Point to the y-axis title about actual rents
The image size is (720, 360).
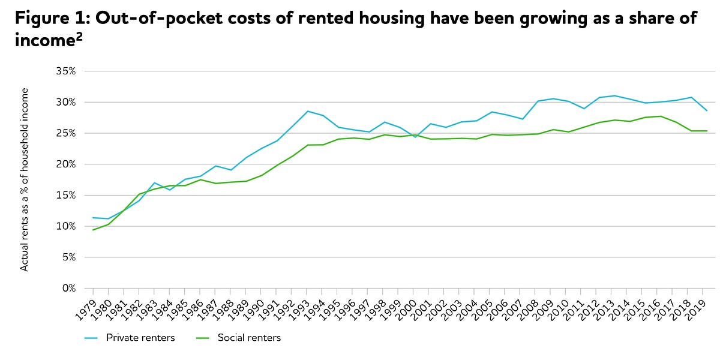(25, 179)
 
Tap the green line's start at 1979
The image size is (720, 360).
(93, 230)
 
